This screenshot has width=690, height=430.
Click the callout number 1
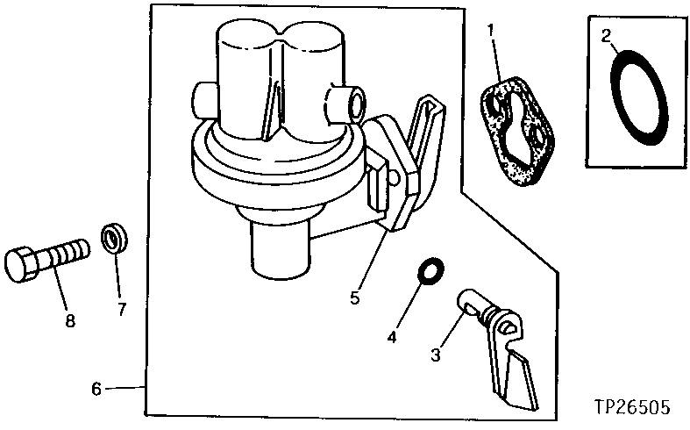click(493, 32)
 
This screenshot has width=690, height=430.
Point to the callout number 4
click(394, 335)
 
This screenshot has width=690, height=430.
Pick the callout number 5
click(355, 297)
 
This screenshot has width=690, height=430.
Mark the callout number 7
click(122, 308)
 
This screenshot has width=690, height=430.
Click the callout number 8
click(69, 320)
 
